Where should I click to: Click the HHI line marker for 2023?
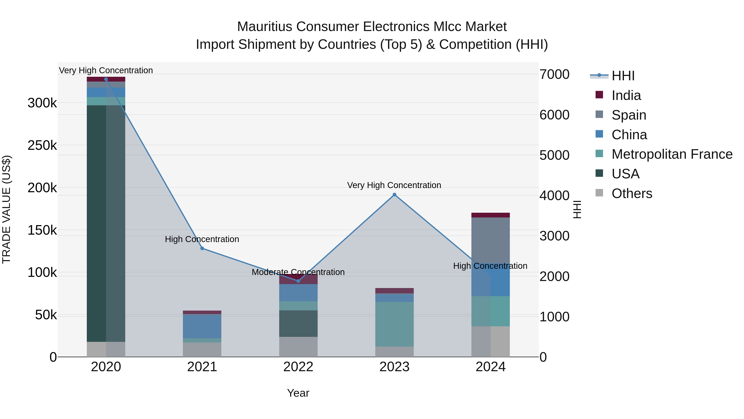395,195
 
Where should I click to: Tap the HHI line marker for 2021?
202,248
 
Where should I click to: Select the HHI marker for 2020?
106,79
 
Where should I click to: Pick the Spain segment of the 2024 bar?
490,240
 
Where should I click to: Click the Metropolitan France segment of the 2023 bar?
395,324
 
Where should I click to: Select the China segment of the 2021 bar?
202,326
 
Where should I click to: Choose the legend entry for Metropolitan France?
672,154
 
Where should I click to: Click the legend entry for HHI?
623,76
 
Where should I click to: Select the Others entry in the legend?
632,193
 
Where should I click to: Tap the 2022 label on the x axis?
298,367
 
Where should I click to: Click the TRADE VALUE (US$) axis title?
6,209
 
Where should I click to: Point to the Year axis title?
298,393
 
